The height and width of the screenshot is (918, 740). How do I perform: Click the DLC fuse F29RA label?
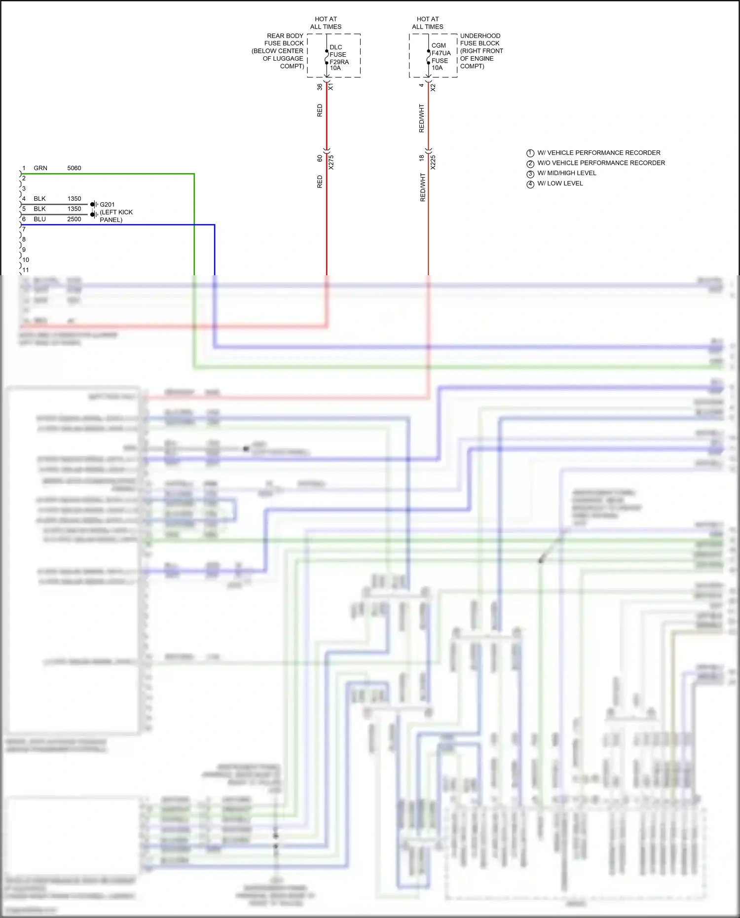point(338,58)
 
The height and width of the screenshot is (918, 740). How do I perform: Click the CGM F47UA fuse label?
point(441,56)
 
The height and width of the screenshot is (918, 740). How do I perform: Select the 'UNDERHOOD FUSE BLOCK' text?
point(480,39)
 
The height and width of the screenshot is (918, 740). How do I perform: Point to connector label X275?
point(331,162)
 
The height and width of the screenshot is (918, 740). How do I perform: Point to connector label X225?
point(433,162)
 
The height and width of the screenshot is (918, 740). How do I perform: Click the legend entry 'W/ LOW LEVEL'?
point(560,184)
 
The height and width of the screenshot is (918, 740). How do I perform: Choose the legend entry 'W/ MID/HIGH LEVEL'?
point(566,173)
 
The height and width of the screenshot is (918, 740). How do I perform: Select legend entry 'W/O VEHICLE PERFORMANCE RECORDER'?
point(601,163)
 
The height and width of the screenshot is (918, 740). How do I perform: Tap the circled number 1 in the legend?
point(530,153)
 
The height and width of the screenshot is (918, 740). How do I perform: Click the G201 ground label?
point(107,204)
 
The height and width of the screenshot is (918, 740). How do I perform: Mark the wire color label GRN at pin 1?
point(40,168)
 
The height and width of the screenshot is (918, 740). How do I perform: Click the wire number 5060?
point(74,168)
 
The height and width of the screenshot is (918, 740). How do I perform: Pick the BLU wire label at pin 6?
point(39,219)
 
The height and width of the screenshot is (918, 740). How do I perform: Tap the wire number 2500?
point(74,219)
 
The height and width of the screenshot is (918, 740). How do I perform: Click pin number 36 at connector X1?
point(320,87)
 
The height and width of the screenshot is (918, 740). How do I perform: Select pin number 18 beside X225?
point(421,158)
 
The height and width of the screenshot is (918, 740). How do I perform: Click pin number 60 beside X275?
point(320,158)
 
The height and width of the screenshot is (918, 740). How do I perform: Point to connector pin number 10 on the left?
point(26,260)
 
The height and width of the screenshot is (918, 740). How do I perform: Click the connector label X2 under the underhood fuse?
point(433,87)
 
